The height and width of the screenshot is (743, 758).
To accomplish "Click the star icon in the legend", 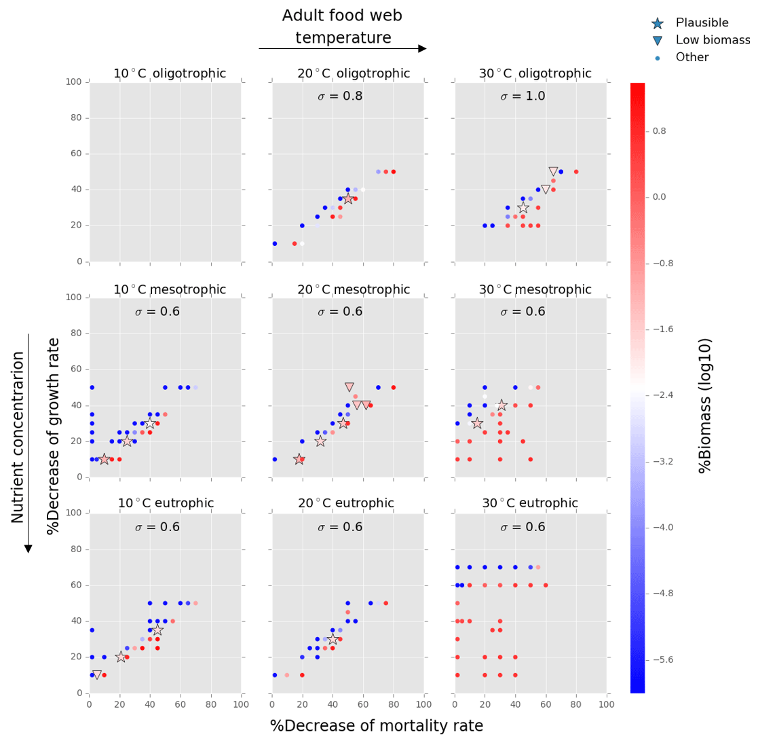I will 657,24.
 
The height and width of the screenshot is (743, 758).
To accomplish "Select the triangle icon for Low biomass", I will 657,41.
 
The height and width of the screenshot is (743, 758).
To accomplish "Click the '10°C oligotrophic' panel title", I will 169,73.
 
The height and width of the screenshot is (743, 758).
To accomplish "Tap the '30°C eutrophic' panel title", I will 530,503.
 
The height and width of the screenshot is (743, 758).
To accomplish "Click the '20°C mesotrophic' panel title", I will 354,289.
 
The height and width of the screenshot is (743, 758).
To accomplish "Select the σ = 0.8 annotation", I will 340,96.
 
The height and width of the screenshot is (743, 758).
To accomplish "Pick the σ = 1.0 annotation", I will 523,96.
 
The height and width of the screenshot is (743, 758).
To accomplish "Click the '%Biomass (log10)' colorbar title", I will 705,405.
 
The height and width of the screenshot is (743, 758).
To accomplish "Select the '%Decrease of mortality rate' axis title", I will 377,726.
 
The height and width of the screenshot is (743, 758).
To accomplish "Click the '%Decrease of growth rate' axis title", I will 54,436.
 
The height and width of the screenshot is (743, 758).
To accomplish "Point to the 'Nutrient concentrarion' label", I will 18,437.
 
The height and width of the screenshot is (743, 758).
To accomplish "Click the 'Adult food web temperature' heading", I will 343,27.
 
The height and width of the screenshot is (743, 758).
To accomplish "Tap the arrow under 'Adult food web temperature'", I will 343,49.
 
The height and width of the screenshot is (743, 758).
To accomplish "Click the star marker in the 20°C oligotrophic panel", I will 348,199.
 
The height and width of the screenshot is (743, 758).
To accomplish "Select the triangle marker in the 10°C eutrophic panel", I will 96,675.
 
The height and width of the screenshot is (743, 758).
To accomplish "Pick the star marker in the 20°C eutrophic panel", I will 333,639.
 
